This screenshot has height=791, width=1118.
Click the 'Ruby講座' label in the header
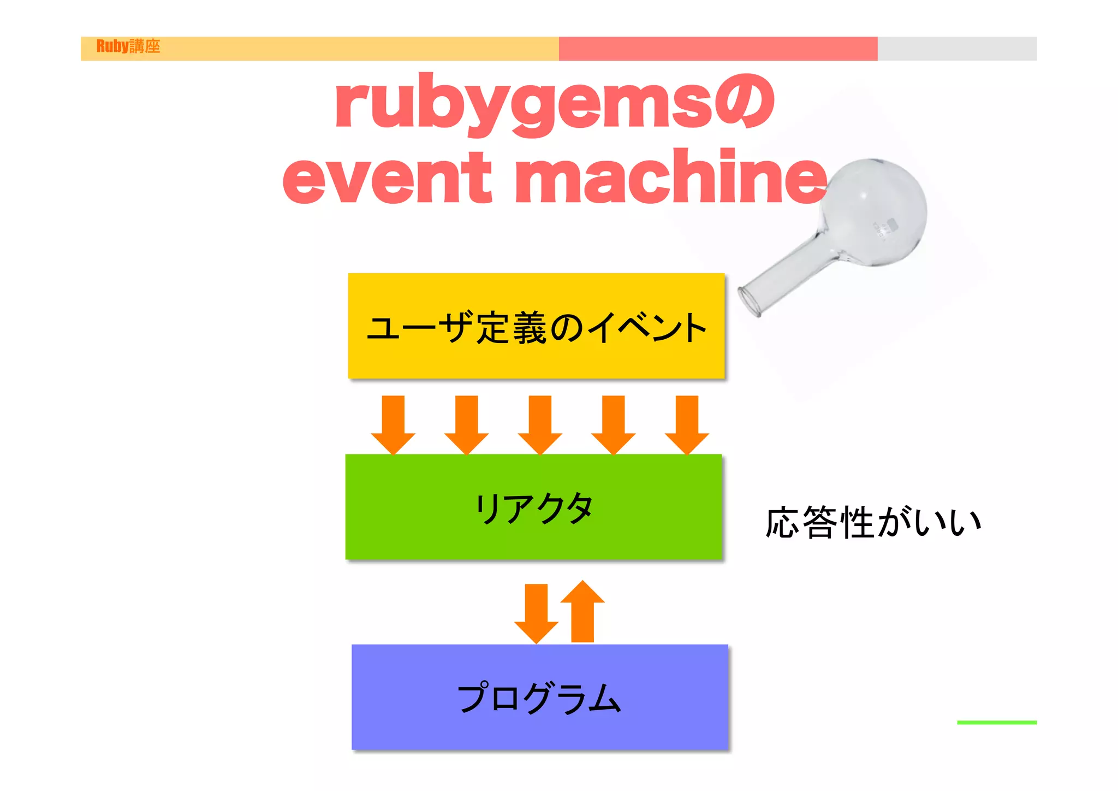click(x=128, y=46)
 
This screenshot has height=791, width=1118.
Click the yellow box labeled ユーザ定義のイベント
click(x=536, y=327)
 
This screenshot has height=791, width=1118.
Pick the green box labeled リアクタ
click(x=534, y=507)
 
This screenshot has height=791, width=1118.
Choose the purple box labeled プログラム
click(x=539, y=697)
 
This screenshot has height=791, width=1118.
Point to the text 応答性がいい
click(x=873, y=523)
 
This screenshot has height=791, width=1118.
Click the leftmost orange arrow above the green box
click(x=393, y=424)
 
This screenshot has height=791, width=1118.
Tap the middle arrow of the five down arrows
click(x=540, y=424)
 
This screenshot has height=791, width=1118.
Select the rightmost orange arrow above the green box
click(x=687, y=424)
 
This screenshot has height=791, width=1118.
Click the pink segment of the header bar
click(x=718, y=49)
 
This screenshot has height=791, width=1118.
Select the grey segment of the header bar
click(x=957, y=49)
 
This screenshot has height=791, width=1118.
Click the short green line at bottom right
click(x=996, y=722)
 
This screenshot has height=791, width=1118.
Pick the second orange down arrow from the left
click(x=467, y=424)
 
